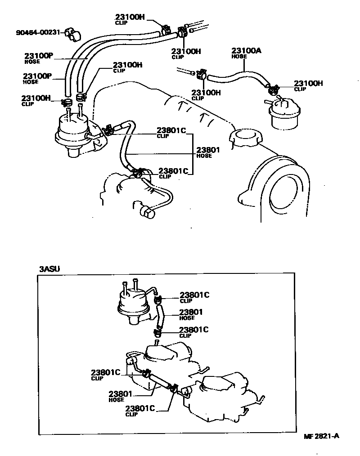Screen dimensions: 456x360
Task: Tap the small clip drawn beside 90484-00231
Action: coord(70,32)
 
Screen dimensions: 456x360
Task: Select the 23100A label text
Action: coord(246,51)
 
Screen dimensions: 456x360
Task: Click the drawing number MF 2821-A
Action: coord(321,436)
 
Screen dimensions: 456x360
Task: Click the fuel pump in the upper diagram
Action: coord(72,133)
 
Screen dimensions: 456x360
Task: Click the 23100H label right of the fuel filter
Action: coord(308,83)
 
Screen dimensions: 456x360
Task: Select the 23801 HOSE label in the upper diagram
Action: coord(208,150)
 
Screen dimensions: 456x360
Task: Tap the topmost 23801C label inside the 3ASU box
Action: coord(194,295)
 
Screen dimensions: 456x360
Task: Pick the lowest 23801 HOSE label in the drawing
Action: coord(121,394)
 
